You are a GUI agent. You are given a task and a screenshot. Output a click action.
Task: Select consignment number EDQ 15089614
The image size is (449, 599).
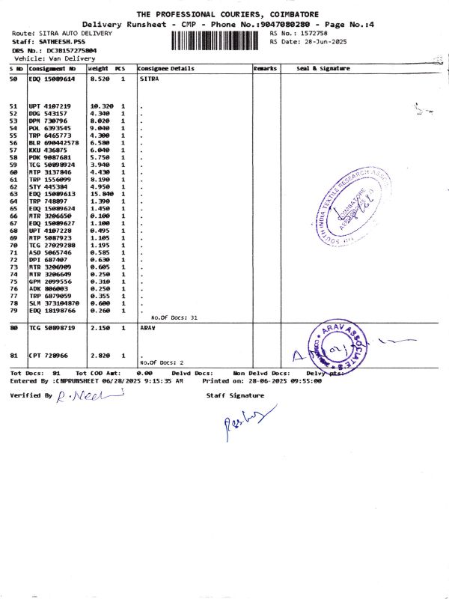pos(52,79)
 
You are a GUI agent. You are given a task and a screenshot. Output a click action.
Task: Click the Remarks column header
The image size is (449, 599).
pos(265,69)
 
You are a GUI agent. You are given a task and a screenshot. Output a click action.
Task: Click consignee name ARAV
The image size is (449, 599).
pos(148,328)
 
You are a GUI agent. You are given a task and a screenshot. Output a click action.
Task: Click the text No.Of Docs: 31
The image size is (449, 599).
pos(174,317)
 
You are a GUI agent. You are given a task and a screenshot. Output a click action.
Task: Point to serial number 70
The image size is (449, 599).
pos(13,246)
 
